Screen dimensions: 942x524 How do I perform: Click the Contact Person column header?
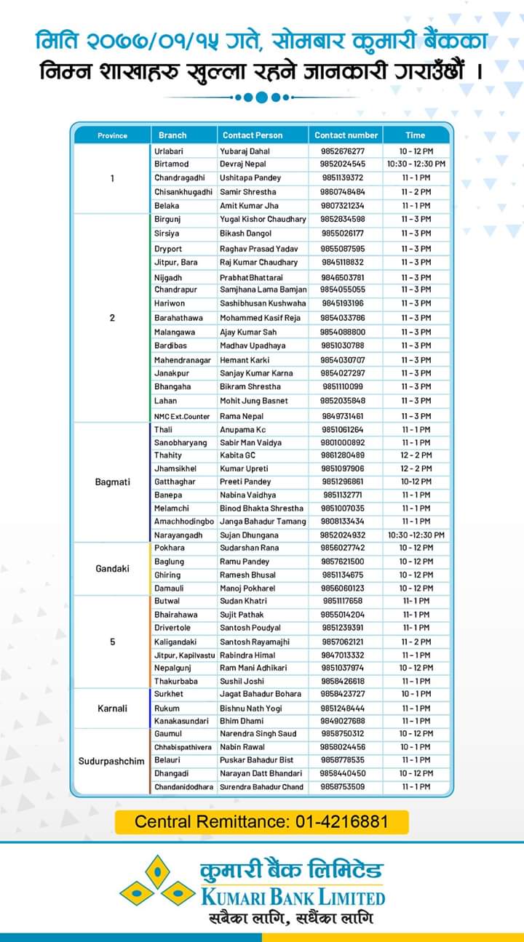[253, 135]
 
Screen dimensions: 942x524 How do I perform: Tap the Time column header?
[415, 135]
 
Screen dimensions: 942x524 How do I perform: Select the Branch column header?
[172, 135]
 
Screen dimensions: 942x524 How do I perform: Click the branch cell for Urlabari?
[170, 151]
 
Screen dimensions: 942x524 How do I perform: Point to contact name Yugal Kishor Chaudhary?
[263, 219]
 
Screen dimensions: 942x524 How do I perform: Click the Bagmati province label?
[112, 482]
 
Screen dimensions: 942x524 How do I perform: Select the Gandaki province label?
[112, 568]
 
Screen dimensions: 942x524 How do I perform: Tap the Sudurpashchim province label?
[112, 760]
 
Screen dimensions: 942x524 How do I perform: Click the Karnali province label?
[112, 708]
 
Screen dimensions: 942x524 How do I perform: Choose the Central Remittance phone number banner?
[262, 822]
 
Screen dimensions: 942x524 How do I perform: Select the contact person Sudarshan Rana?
[249, 548]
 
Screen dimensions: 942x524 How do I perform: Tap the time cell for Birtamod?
[416, 164]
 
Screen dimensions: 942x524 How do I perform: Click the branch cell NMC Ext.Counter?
[182, 416]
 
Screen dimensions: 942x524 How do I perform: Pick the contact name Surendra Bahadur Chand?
[261, 787]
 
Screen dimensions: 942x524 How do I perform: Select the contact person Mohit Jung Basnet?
[254, 401]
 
